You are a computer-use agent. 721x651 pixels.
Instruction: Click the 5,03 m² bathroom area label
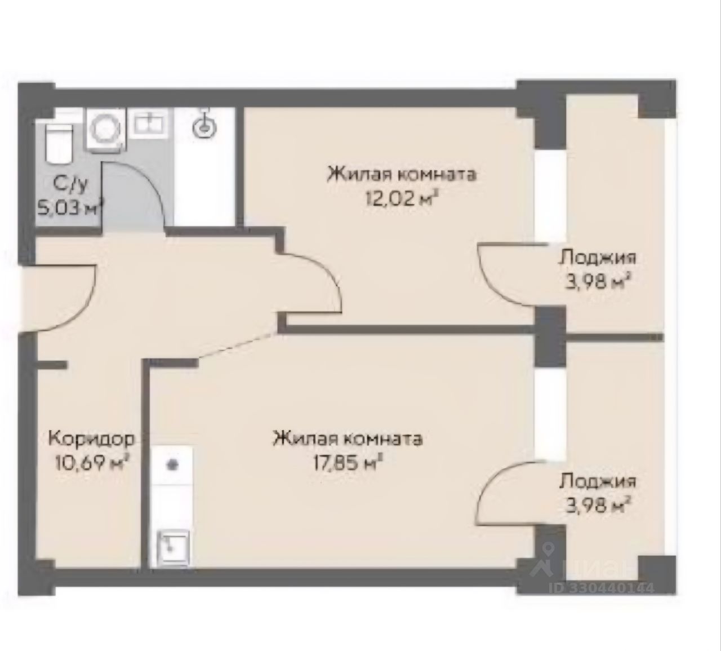tap(70, 207)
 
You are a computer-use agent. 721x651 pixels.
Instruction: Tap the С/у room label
tap(70, 185)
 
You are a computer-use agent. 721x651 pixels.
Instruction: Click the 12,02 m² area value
tap(403, 198)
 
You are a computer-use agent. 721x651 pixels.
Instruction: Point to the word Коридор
tap(92, 439)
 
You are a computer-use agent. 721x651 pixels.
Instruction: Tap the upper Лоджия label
tap(597, 259)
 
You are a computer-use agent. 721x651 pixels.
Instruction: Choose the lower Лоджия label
tap(597, 482)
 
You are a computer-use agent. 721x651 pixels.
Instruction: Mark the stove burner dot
tap(173, 465)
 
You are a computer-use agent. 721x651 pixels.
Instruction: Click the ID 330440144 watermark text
tap(601, 588)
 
